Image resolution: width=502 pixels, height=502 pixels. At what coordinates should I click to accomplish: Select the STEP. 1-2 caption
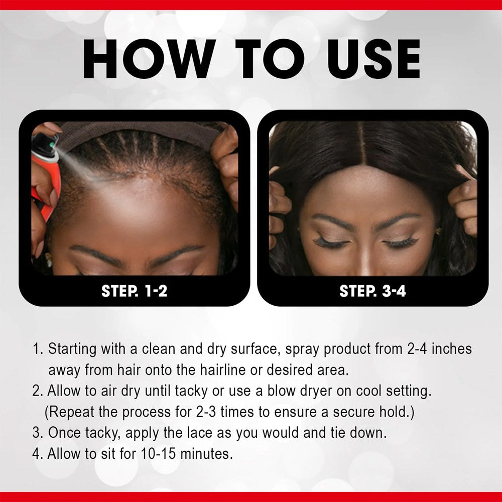coord(134,291)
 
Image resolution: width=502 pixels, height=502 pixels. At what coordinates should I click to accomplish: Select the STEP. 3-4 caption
coord(372,291)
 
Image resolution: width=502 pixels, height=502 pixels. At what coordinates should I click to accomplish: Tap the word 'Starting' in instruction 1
coord(75,349)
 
